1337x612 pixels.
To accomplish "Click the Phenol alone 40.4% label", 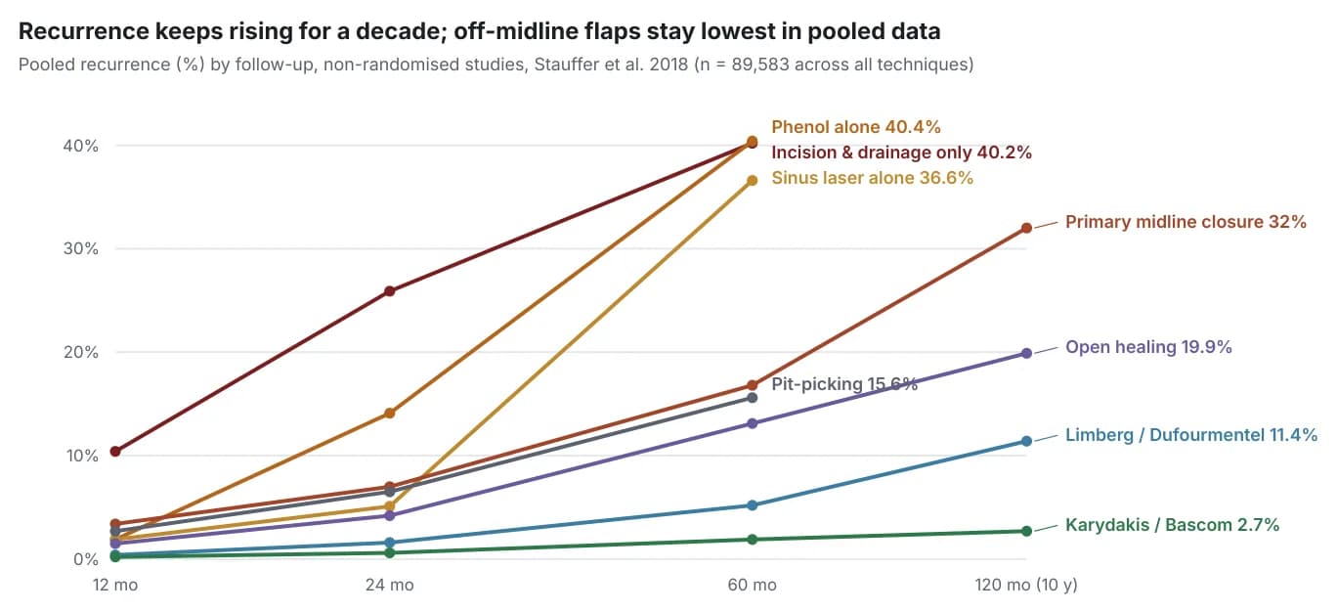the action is [856, 127].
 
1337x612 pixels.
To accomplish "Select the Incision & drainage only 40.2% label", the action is [901, 153].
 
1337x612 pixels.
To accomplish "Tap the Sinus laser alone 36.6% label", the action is [872, 178].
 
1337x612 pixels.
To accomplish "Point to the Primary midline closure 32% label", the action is [1186, 222].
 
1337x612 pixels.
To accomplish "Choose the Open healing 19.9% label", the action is [1148, 347].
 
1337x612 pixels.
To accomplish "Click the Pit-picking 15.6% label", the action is [844, 384].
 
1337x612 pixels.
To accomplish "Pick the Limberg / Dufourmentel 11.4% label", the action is [1190, 435].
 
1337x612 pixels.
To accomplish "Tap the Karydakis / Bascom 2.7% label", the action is [1172, 525].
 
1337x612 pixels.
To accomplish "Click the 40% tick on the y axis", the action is [80, 146].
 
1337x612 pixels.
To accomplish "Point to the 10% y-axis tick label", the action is [82, 457].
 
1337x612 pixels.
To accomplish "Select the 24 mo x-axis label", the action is [390, 585].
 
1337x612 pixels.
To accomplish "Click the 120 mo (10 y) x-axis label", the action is [1026, 585].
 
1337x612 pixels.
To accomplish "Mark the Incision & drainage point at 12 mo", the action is [115, 452].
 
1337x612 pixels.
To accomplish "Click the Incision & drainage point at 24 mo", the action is [390, 291].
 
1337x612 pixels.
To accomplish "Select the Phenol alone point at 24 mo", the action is [390, 414].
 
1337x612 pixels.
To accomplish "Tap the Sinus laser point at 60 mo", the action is [753, 180].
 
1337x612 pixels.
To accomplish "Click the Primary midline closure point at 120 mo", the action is [1026, 228].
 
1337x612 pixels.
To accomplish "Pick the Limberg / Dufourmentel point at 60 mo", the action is [753, 505].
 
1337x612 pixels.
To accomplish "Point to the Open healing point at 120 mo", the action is [1026, 354].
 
